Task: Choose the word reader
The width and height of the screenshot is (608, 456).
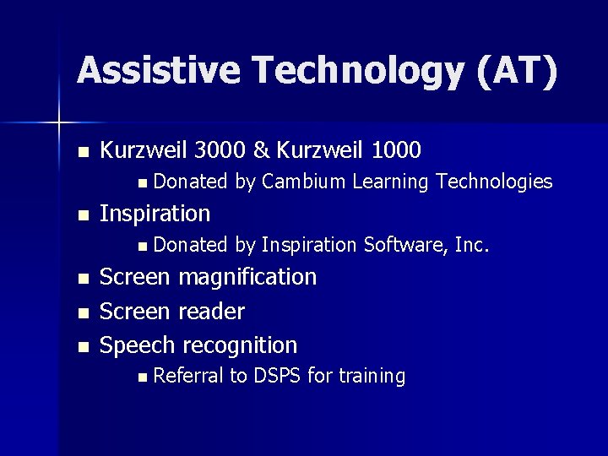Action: tap(212, 312)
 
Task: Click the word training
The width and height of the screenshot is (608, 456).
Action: tap(371, 376)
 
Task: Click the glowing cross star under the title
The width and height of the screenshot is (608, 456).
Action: tap(58, 124)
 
